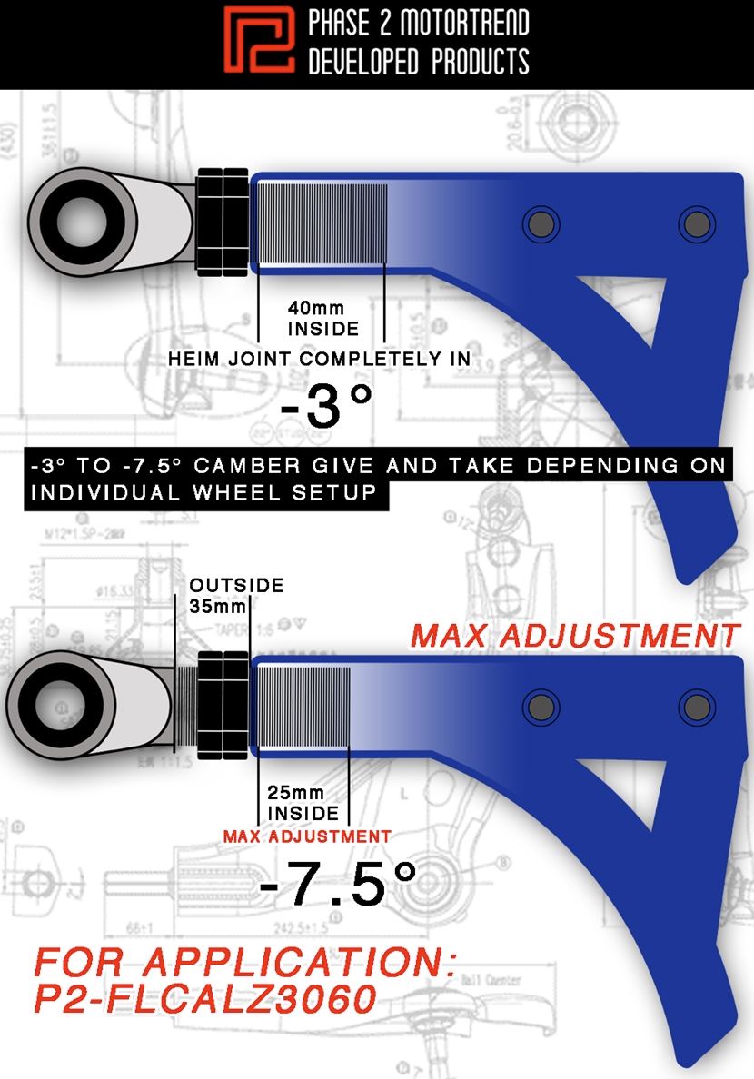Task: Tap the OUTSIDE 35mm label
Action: click(236, 595)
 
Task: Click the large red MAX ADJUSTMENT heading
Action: click(575, 635)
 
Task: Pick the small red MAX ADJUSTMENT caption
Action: click(307, 836)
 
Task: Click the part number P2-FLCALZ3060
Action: click(204, 998)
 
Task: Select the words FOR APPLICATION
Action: click(243, 961)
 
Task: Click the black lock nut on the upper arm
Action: click(222, 221)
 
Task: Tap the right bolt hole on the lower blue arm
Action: click(695, 706)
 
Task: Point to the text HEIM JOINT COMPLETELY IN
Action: click(319, 359)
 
